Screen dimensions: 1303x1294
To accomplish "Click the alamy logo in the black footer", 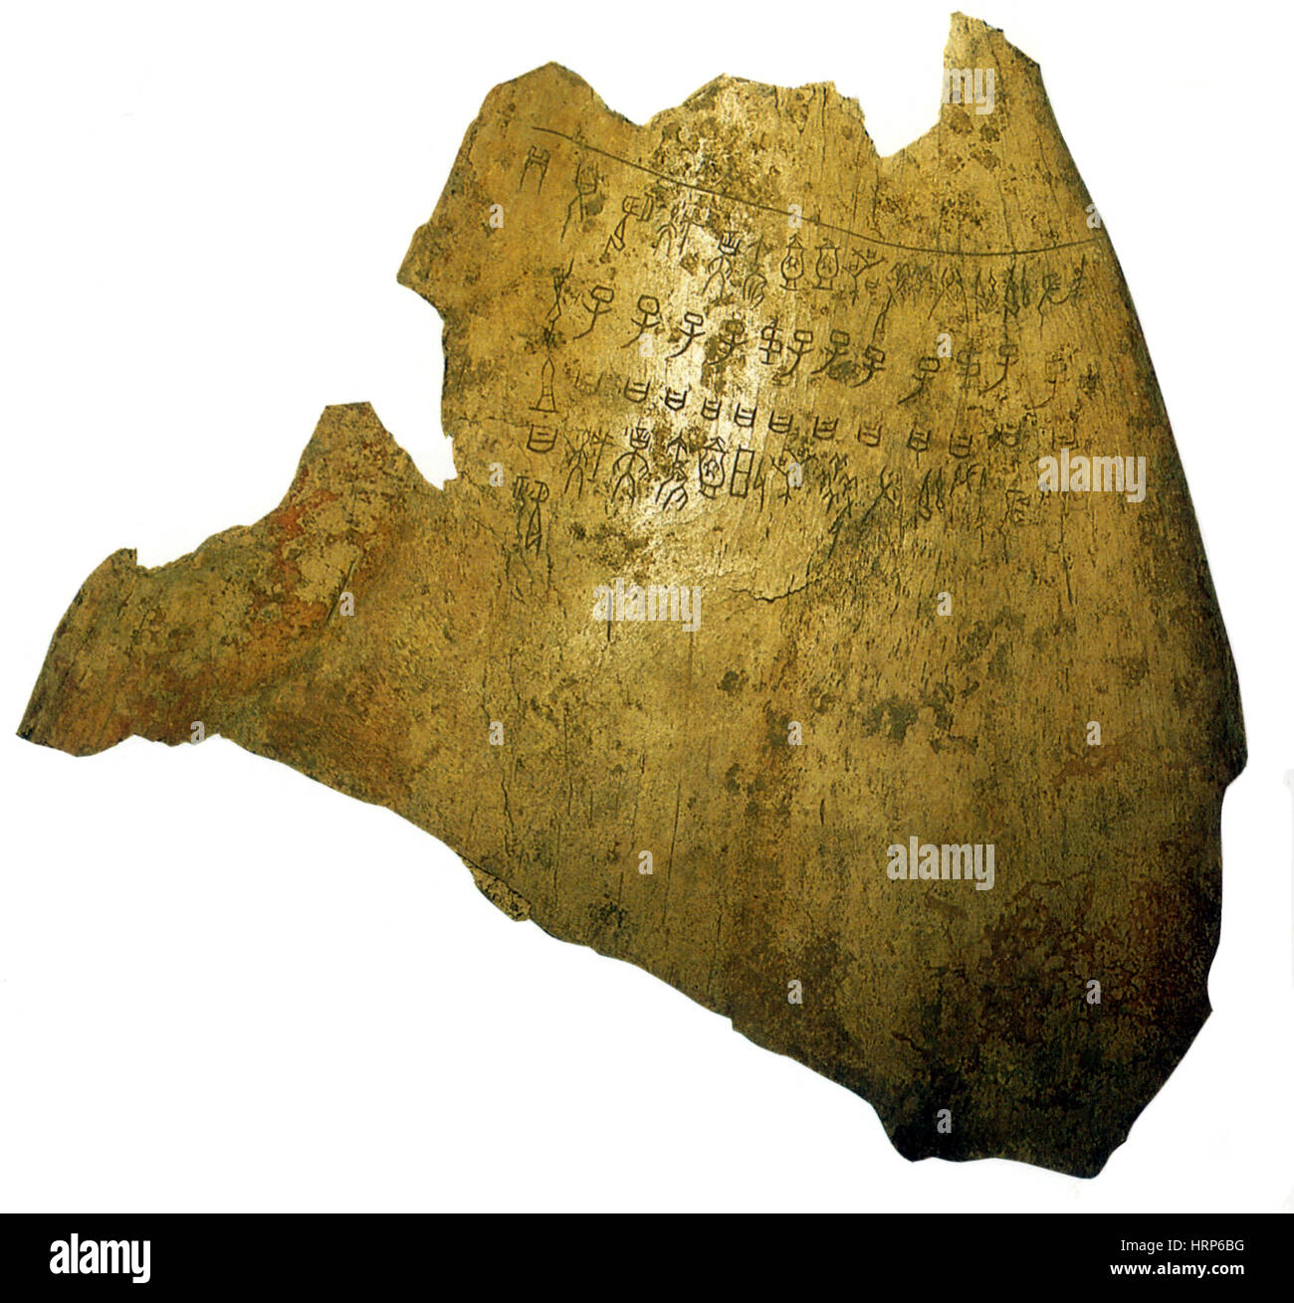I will click(100, 1257).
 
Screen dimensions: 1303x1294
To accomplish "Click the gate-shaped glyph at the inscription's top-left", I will click(538, 160).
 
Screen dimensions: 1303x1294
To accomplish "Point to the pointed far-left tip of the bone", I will click(22, 731).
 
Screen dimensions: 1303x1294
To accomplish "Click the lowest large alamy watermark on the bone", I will click(940, 863).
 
